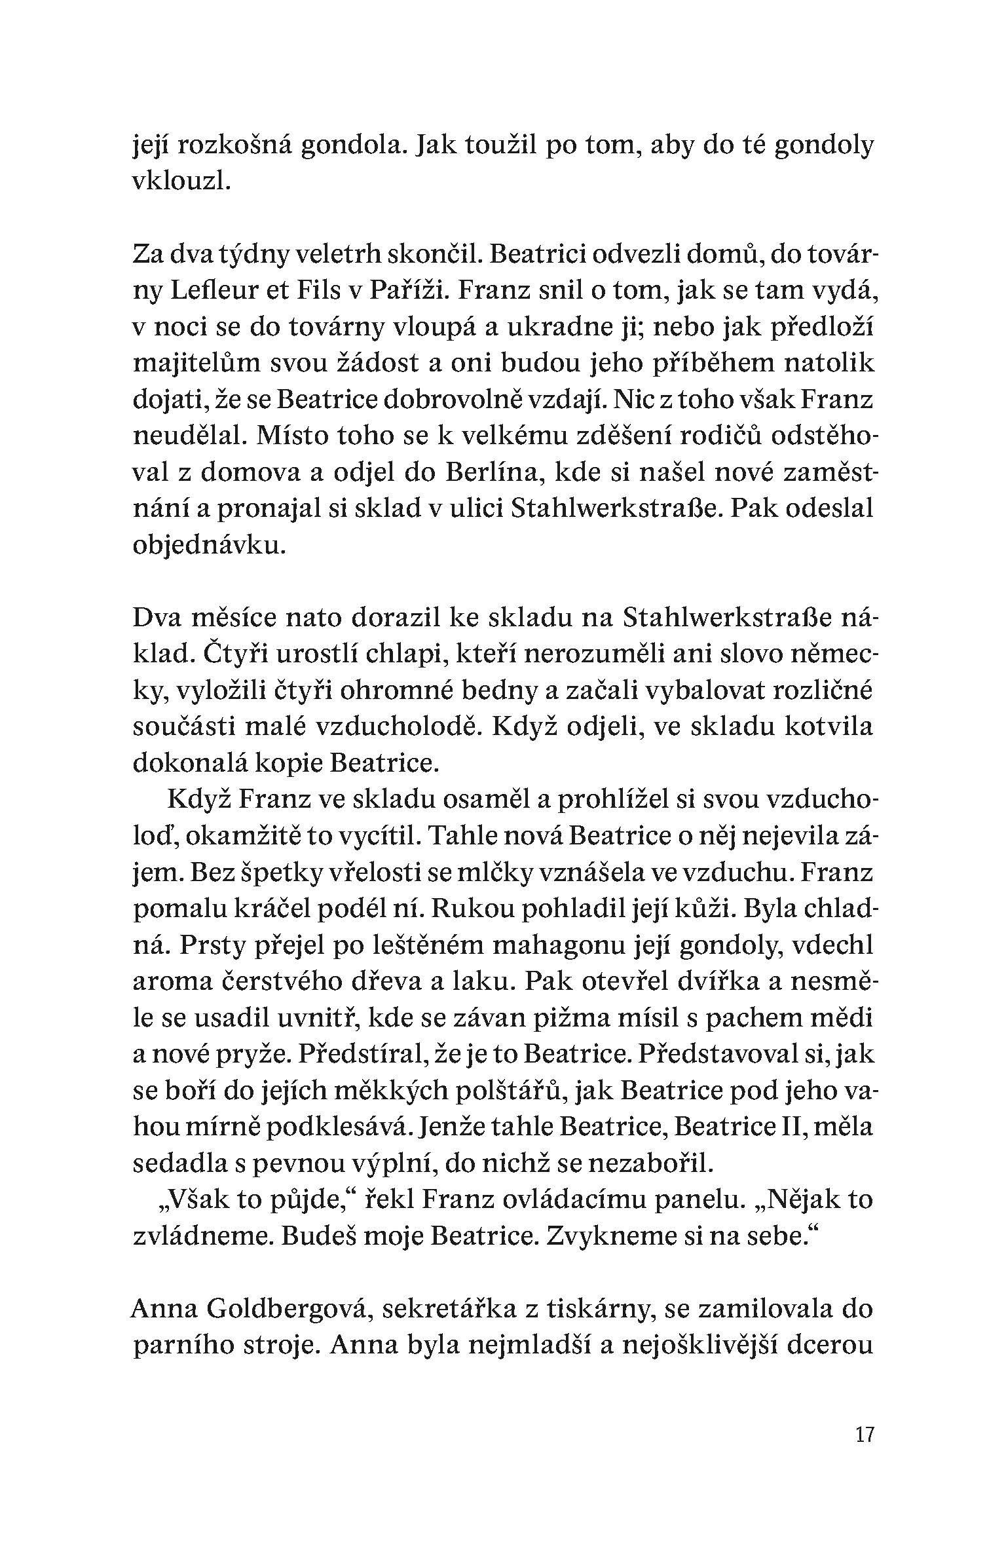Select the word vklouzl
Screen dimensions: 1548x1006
181,183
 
